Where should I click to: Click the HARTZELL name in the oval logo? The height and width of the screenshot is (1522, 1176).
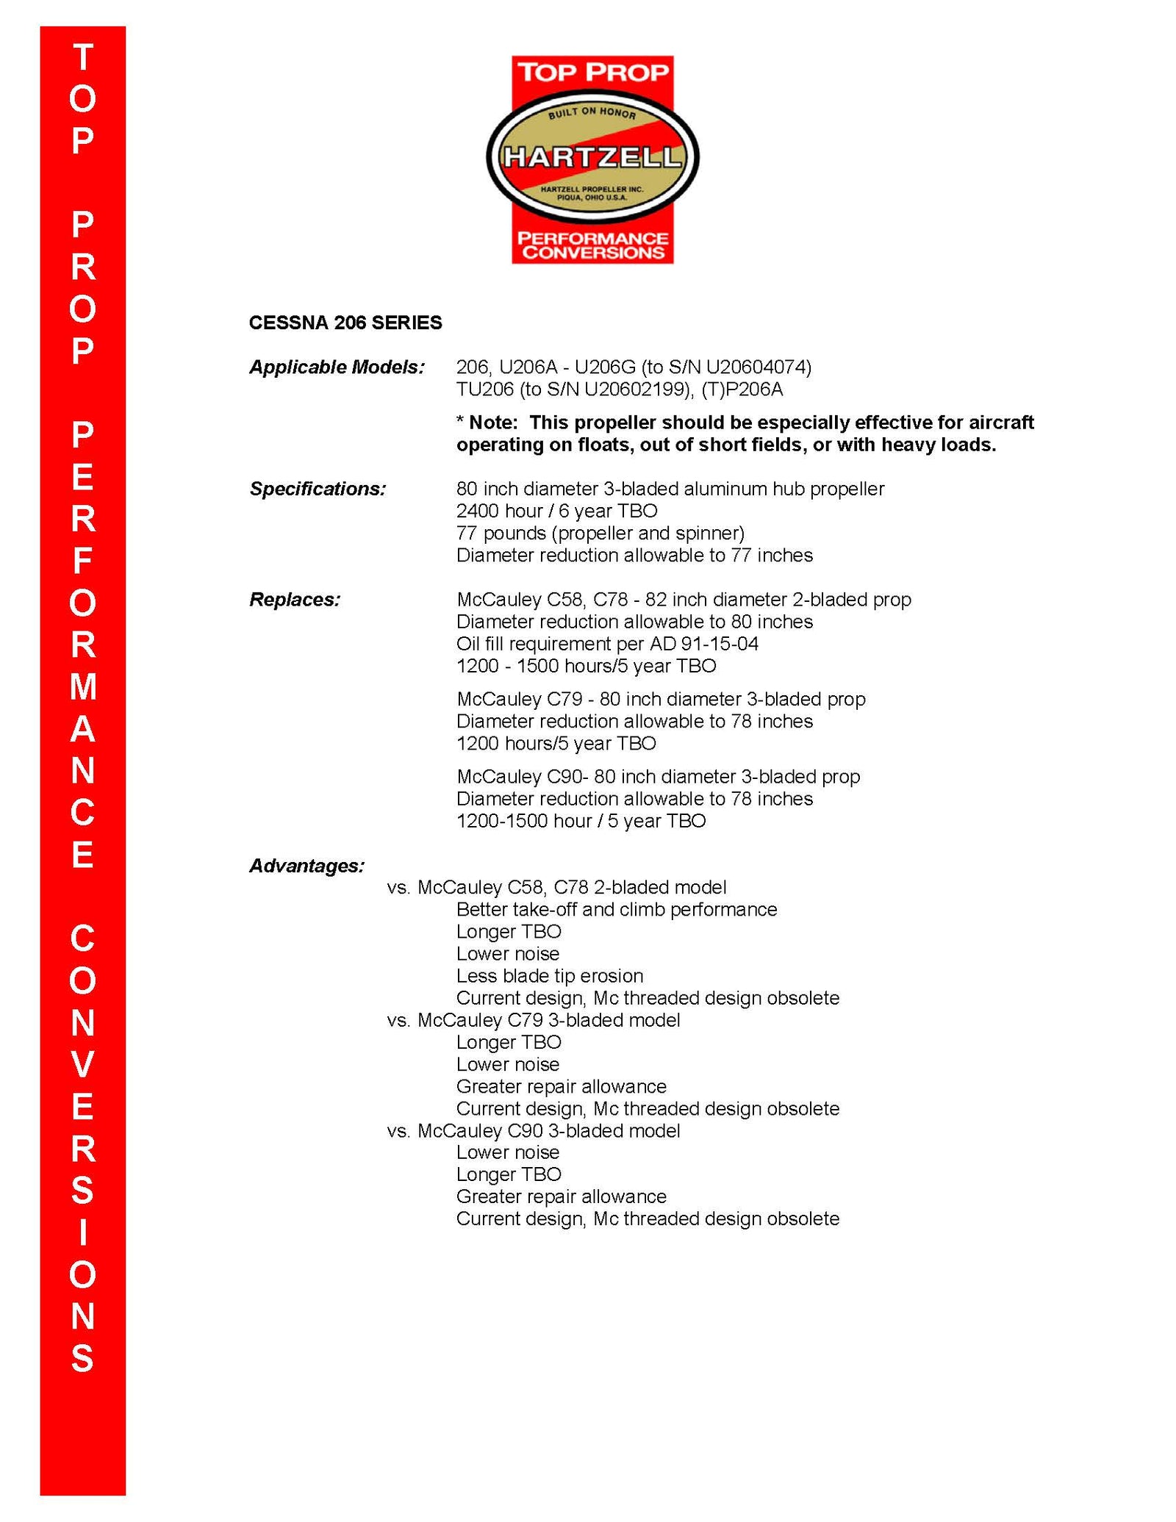point(592,157)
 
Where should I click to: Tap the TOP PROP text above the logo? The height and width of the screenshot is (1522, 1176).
point(592,72)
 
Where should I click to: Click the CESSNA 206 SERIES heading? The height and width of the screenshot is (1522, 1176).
point(345,323)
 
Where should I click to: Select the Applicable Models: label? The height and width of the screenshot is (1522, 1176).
point(337,367)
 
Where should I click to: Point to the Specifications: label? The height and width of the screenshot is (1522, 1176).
point(318,489)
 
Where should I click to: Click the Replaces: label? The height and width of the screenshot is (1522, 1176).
point(295,600)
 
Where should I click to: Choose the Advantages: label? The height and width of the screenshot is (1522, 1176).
point(306,866)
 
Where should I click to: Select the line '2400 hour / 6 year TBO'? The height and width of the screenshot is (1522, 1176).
point(556,511)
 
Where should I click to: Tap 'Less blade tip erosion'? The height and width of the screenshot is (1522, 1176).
point(549,976)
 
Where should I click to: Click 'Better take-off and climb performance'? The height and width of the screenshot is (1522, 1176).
point(616,910)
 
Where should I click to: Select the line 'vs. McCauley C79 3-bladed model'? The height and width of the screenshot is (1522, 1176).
point(533,1020)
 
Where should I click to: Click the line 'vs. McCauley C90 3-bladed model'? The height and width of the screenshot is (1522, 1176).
point(533,1130)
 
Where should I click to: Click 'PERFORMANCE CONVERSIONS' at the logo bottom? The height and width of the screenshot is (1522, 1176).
point(592,245)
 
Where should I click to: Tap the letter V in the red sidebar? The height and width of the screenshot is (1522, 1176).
point(83,1064)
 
